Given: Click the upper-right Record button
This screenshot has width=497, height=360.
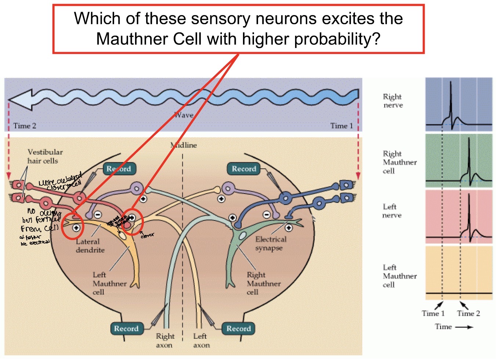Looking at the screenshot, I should click(x=244, y=169).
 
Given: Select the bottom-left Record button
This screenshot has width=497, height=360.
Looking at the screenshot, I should click(x=126, y=328).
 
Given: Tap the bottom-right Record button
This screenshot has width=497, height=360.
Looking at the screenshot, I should click(x=238, y=328).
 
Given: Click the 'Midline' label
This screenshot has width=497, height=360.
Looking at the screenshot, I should click(x=184, y=145).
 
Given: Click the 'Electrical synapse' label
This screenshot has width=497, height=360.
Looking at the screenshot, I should click(x=270, y=243).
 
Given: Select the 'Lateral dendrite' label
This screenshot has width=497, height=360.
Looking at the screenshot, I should click(x=90, y=246).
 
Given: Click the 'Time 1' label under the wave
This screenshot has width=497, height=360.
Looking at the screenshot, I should click(x=341, y=126).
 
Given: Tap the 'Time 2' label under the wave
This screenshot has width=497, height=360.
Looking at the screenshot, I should click(x=25, y=126).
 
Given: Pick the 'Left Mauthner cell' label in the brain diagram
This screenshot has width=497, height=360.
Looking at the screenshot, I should click(x=109, y=283).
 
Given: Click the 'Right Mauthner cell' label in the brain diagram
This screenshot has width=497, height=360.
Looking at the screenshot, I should click(x=263, y=283).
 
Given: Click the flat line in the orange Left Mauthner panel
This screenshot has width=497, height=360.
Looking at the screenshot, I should click(x=459, y=293).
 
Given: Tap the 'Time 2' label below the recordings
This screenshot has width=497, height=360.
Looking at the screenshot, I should click(x=468, y=313).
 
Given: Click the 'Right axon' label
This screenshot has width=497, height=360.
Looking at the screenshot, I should click(x=165, y=341).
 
